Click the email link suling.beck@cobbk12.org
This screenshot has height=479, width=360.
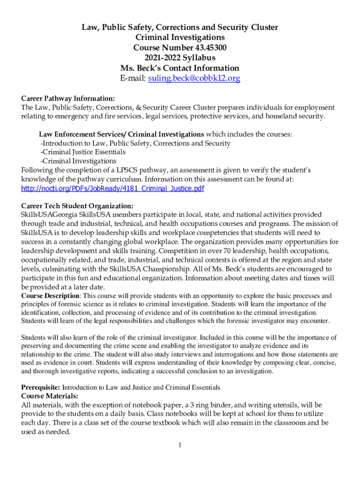(194, 78)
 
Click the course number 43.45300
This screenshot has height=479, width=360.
(203, 47)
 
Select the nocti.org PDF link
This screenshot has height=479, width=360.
(113, 189)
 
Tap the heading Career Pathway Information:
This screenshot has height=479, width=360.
(68, 98)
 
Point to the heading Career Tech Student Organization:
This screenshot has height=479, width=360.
(77, 206)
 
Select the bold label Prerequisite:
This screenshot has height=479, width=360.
(41, 387)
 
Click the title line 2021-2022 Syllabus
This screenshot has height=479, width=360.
(180, 58)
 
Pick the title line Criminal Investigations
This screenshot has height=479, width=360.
(180, 37)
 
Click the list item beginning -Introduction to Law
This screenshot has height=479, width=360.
(135, 143)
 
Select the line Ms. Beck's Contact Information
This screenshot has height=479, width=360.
(180, 68)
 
